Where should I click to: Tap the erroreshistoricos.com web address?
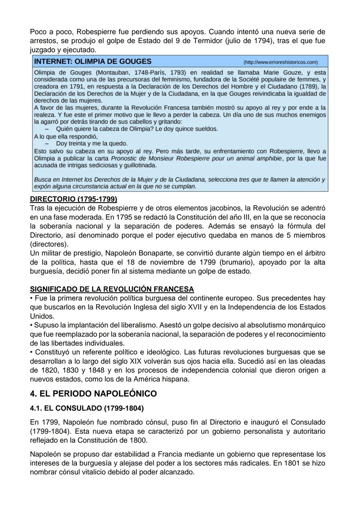click(281, 62)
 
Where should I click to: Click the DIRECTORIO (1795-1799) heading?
click(73, 199)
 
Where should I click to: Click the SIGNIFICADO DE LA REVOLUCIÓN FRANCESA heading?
click(112, 289)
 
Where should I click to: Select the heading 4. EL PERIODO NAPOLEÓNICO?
click(93, 394)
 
